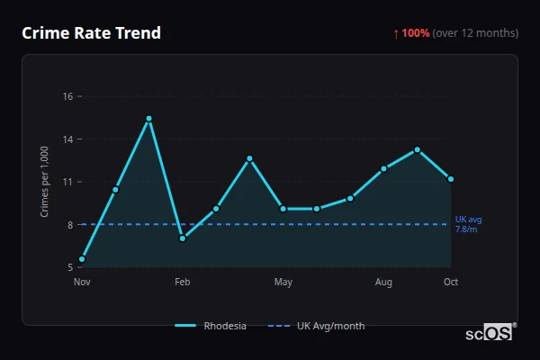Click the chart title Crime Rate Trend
[x=91, y=33]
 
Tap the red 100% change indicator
[x=411, y=33]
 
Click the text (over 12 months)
[x=475, y=33]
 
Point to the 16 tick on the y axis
[x=67, y=96]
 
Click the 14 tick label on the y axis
[x=67, y=139]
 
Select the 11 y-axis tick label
[x=67, y=182]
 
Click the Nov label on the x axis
[x=82, y=283]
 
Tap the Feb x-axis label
[x=182, y=283]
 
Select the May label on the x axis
[x=283, y=283]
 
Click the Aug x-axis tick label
[x=383, y=283]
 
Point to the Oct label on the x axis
[x=451, y=283]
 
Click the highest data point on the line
[x=148, y=119]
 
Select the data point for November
[x=82, y=259]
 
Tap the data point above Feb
[x=182, y=238]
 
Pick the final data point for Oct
[x=451, y=179]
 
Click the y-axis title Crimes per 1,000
[x=44, y=182]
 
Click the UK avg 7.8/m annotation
[x=468, y=224]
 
